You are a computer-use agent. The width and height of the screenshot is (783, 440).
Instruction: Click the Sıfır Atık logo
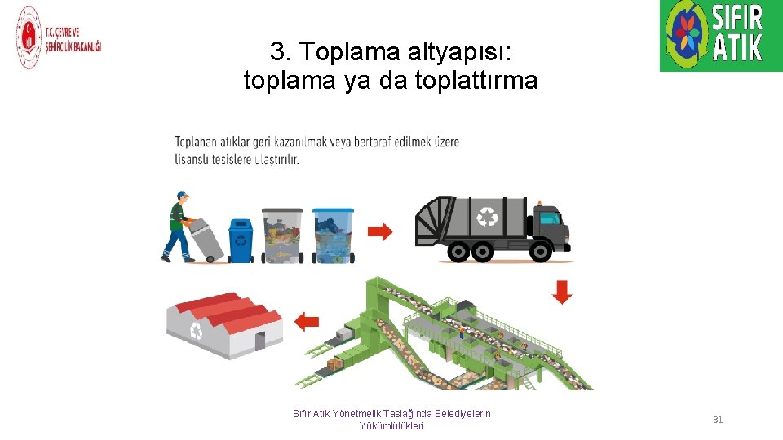721,35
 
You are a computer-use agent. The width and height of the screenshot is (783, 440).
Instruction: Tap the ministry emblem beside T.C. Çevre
29,37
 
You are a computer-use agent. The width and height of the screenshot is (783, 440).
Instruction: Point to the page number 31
718,420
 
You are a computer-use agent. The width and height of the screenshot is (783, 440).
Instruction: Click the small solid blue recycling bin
241,241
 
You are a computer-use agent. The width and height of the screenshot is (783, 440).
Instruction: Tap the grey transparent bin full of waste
282,235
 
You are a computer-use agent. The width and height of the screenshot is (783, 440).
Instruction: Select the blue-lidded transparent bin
333,235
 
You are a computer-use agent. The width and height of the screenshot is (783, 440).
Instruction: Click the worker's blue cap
182,195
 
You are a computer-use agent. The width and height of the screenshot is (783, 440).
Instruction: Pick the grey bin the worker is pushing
206,240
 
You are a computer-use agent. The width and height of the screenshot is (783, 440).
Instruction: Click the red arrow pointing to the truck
380,231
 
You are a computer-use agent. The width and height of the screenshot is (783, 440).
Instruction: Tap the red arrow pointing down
562,293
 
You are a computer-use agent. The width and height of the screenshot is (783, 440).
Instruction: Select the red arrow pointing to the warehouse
307,322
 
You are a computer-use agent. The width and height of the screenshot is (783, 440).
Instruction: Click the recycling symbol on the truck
487,216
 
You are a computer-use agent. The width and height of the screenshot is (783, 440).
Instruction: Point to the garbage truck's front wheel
541,252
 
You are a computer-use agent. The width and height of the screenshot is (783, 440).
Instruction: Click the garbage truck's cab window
551,218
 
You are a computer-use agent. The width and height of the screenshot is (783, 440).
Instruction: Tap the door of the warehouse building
260,341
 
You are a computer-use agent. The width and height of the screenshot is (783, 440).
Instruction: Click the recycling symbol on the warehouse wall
197,331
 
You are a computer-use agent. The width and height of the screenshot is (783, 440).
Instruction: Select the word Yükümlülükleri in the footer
391,426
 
